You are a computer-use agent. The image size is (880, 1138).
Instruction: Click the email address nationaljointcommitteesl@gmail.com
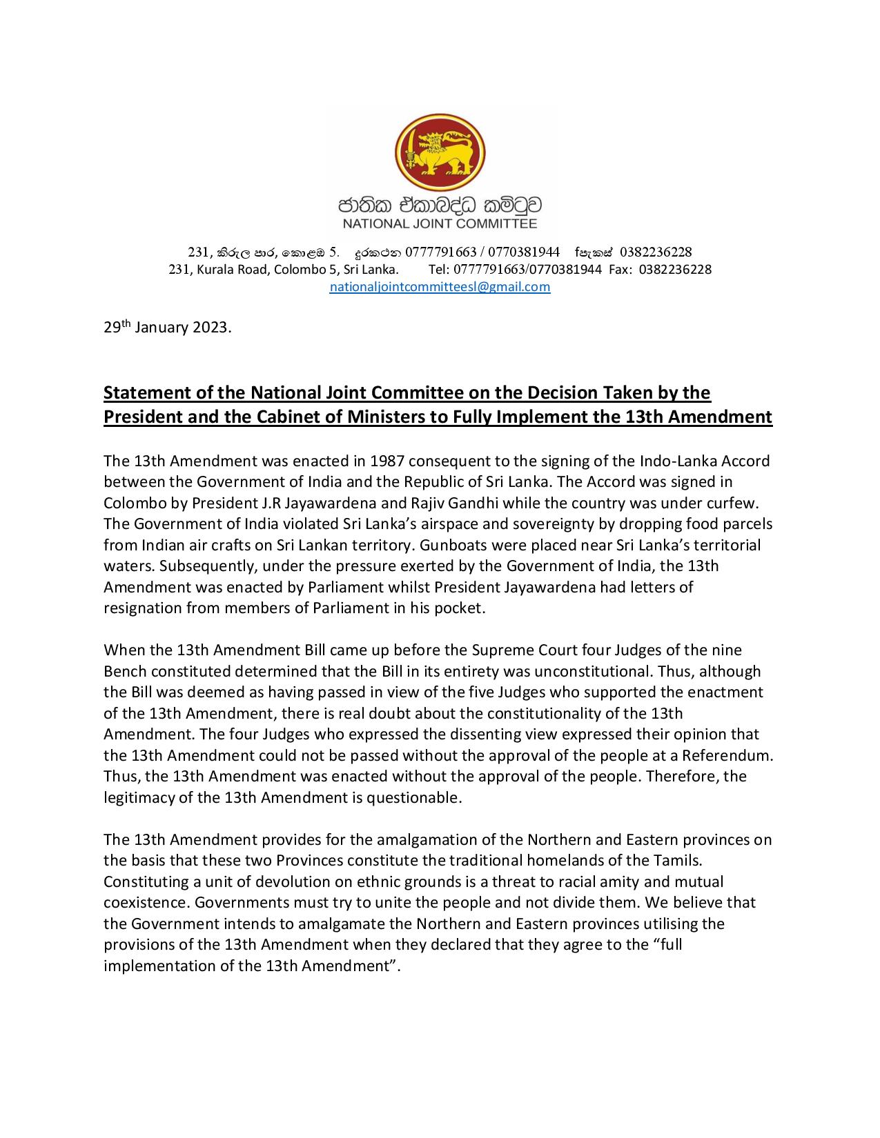click(440, 287)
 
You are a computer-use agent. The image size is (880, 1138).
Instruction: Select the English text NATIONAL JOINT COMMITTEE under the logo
click(440, 223)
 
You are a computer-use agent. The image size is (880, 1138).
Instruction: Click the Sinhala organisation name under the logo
click(440, 205)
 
